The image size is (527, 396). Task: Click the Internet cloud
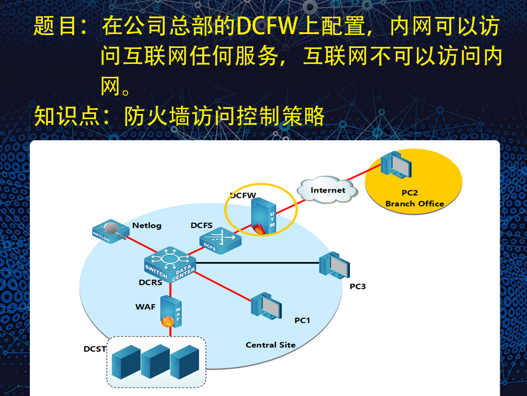click(x=327, y=190)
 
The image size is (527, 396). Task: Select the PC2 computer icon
click(x=396, y=164)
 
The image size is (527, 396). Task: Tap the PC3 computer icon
click(x=335, y=266)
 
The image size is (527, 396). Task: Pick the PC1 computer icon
click(x=266, y=306)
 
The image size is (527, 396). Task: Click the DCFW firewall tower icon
click(x=264, y=216)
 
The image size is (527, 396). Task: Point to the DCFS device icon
click(x=220, y=240)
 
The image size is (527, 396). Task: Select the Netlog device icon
click(x=111, y=231)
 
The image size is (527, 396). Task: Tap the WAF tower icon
click(x=171, y=311)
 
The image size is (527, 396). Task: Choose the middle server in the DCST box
click(x=155, y=361)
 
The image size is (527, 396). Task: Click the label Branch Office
click(x=414, y=204)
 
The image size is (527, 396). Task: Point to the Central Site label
click(x=271, y=345)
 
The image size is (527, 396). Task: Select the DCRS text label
click(x=151, y=282)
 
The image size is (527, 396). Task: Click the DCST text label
click(x=95, y=349)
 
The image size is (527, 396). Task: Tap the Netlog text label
click(x=147, y=225)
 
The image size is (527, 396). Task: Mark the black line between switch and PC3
click(x=257, y=262)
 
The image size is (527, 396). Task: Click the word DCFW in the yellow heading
click(x=267, y=26)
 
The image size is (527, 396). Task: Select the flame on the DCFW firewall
click(x=259, y=229)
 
